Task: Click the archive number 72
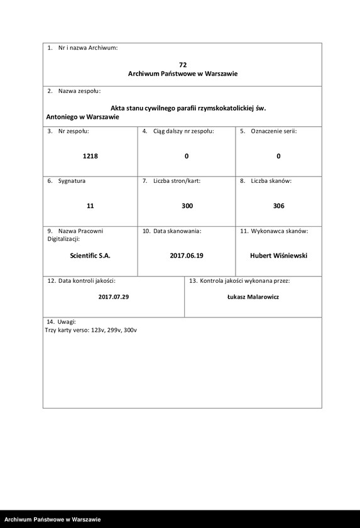pos(182,65)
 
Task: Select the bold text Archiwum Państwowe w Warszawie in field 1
pos(182,74)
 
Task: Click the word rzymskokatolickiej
pos(223,108)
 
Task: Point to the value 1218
pos(90,156)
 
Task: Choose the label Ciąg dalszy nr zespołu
pos(183,131)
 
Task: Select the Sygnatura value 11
pos(90,206)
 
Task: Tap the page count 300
pos(187,206)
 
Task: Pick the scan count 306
pos(278,206)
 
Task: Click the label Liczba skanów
pos(271,181)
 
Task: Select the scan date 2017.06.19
pos(187,256)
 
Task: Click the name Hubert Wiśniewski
pos(278,256)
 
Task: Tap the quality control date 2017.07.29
pos(114,297)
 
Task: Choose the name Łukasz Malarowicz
pos(253,297)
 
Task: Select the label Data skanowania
pos(176,231)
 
